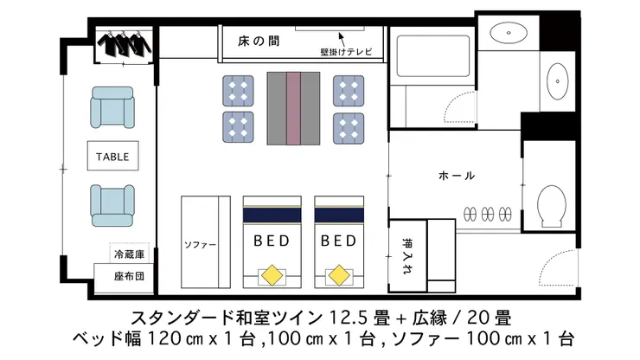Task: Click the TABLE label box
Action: (x=112, y=156)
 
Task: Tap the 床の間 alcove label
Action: (x=259, y=42)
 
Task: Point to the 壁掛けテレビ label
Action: (x=346, y=52)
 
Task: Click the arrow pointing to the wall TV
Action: (x=342, y=39)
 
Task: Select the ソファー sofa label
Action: (x=200, y=245)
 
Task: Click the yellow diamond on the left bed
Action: (x=272, y=275)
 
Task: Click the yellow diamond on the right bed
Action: (x=339, y=275)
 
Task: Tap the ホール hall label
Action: (x=457, y=176)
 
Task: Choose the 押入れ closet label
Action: (x=407, y=256)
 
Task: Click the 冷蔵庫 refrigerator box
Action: (x=130, y=254)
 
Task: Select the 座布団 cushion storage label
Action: (x=129, y=277)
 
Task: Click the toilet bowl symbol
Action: (x=552, y=206)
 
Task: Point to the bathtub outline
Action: (x=433, y=56)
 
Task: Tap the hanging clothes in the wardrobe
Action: (x=124, y=44)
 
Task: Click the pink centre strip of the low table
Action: (x=293, y=108)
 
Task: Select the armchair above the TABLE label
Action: (x=112, y=107)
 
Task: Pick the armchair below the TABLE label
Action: (x=112, y=206)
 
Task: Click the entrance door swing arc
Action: (x=550, y=261)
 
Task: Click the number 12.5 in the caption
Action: (x=349, y=318)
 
